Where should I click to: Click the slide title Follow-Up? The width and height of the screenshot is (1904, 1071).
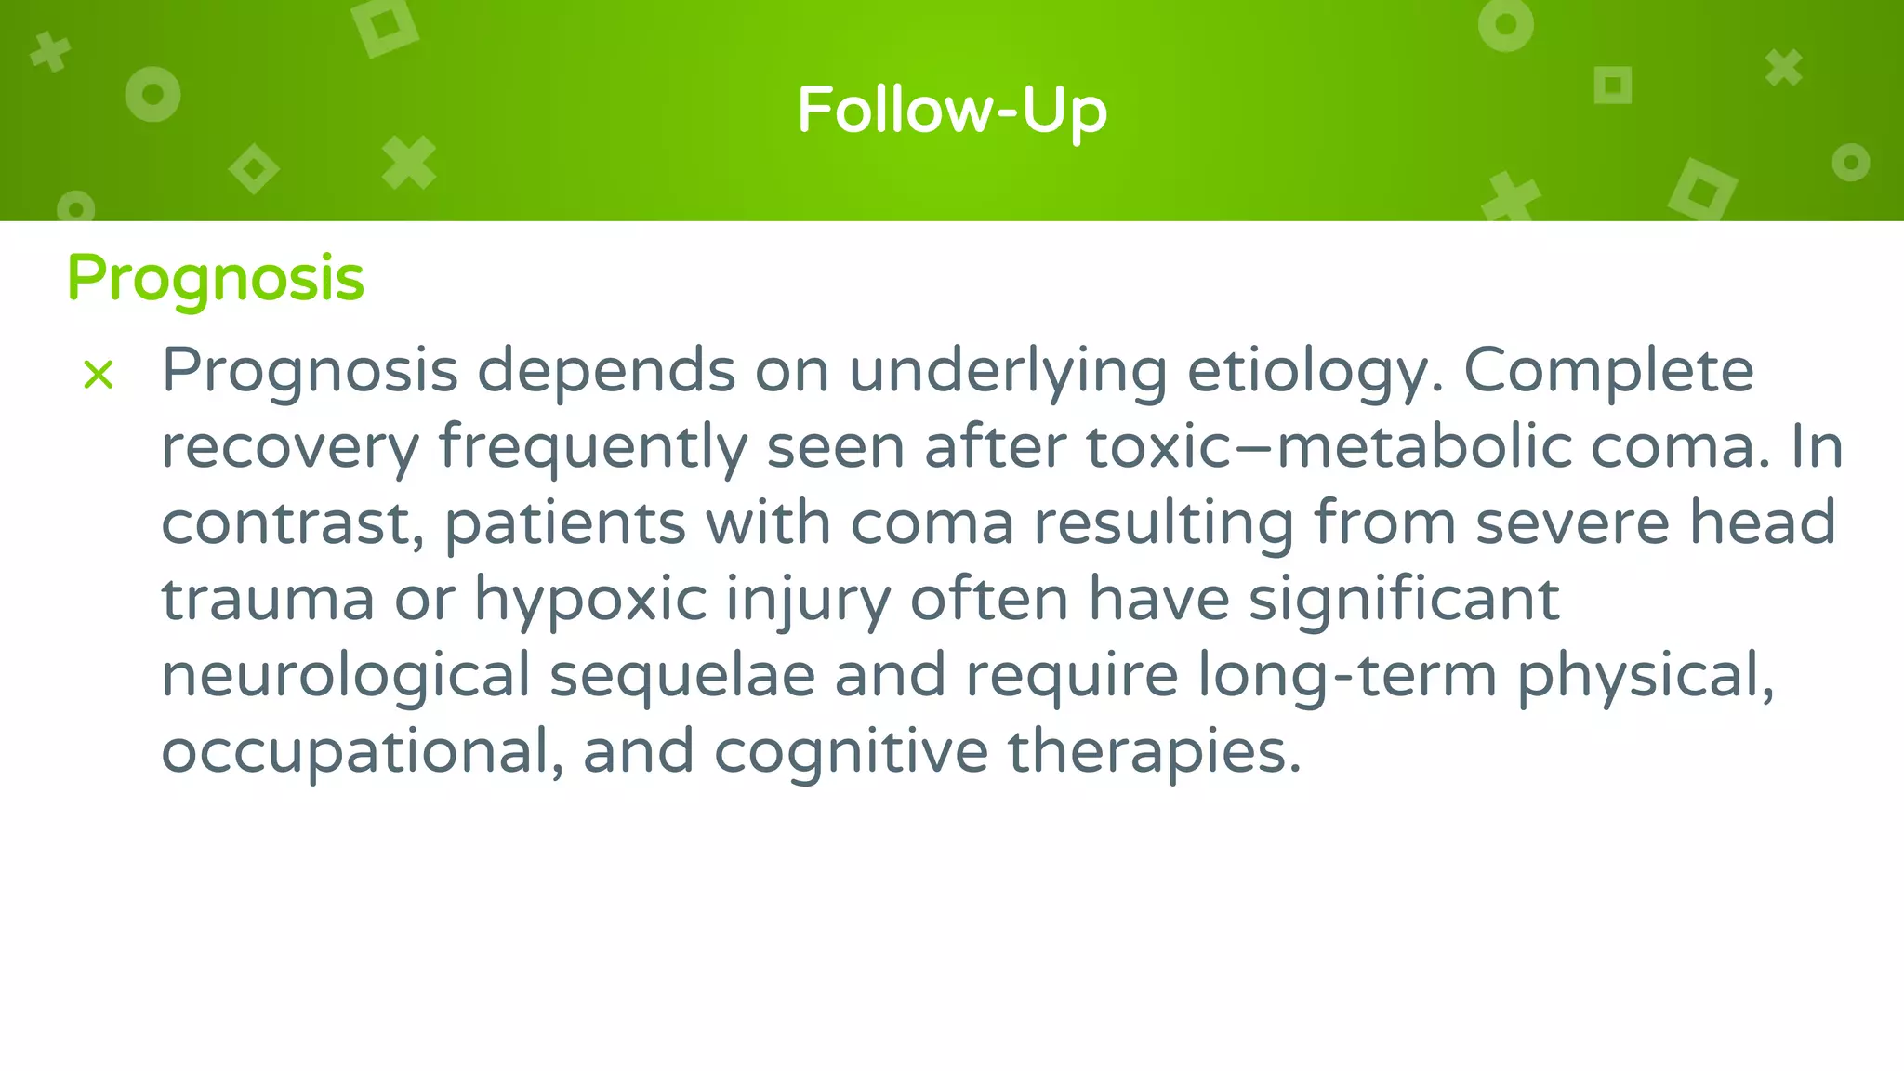tap(952, 111)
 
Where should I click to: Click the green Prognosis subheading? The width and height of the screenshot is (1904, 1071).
tap(216, 278)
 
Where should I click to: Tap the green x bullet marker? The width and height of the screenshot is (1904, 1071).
tap(99, 375)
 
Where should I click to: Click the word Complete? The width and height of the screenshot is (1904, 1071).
tap(1608, 371)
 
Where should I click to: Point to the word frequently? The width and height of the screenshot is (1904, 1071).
tap(593, 447)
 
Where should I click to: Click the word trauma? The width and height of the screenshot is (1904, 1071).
tap(268, 600)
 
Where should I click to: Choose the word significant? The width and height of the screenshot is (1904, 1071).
tap(1404, 600)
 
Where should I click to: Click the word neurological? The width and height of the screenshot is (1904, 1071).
tap(345, 676)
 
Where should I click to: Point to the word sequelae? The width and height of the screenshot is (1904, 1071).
tap(682, 676)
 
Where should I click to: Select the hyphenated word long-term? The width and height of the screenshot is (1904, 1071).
tap(1346, 676)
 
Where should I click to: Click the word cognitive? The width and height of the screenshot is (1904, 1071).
tap(851, 752)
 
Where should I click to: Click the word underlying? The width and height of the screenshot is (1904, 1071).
tap(1008, 371)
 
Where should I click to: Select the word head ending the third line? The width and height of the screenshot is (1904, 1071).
tap(1762, 523)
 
